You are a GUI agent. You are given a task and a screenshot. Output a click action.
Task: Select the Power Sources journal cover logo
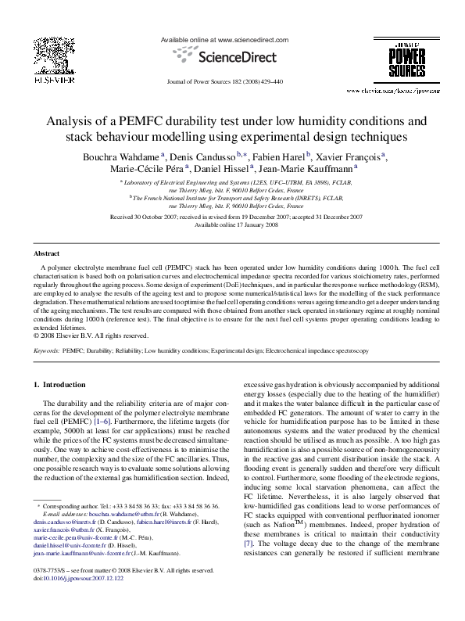click(414, 63)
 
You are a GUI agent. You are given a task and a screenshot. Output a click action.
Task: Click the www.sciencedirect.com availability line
click(232, 38)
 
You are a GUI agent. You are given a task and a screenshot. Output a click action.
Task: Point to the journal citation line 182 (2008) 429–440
click(232, 81)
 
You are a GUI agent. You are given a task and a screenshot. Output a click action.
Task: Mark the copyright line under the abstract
click(91, 336)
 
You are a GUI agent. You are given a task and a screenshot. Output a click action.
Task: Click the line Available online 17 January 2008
click(232, 224)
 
